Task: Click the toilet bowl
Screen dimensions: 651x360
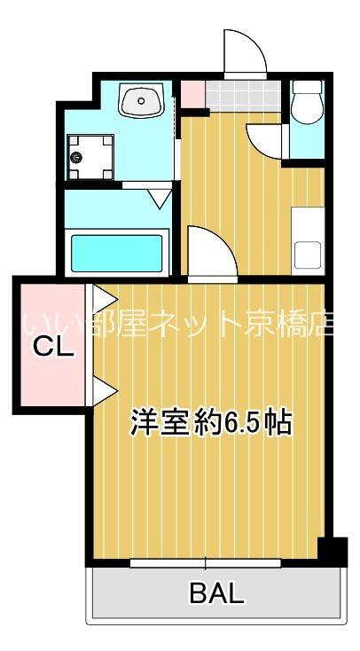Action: pos(308,108)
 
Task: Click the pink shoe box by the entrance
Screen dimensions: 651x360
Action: pos(192,92)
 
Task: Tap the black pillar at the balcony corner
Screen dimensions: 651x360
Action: pos(332,552)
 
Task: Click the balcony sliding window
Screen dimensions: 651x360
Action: pos(206,562)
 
